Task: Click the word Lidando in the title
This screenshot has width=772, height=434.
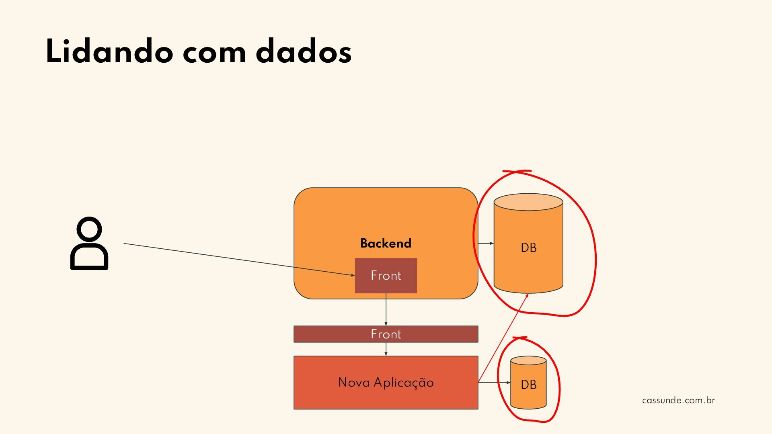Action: (109, 51)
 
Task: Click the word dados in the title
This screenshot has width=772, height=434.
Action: (303, 51)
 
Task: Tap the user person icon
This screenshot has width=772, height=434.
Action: (89, 244)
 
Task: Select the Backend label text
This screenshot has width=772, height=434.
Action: (386, 243)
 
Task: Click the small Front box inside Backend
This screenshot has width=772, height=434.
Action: (386, 276)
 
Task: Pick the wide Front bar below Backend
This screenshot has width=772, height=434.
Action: (386, 334)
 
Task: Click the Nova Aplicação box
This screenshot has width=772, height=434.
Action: (386, 382)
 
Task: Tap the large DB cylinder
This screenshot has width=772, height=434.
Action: (528, 257)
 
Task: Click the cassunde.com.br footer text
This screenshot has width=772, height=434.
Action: (678, 400)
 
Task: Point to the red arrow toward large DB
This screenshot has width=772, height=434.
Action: (503, 338)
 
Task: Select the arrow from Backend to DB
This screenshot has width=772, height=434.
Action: (486, 243)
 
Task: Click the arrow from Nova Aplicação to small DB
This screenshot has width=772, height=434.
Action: (494, 383)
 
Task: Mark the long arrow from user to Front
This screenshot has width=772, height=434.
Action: (239, 259)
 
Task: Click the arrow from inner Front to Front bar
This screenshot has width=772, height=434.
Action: (386, 309)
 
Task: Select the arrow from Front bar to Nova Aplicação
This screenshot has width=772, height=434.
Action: (386, 349)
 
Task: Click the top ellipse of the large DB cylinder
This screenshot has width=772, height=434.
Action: (528, 202)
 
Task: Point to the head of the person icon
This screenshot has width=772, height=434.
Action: (89, 230)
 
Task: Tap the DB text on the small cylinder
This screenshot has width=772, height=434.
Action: (528, 385)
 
